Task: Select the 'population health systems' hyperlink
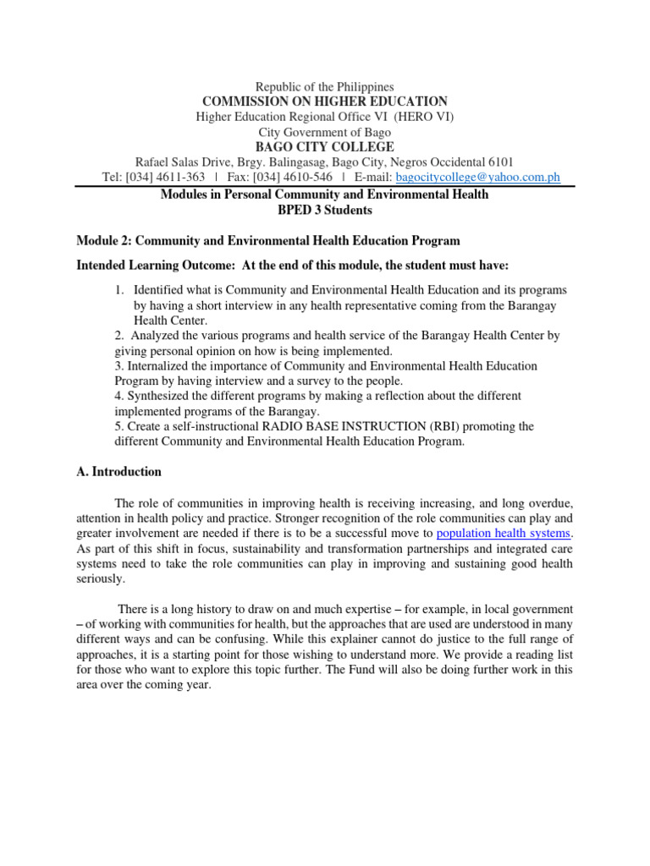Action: click(504, 533)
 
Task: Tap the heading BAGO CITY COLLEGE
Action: click(324, 147)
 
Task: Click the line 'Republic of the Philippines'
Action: click(324, 86)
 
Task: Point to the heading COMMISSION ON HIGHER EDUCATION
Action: click(324, 101)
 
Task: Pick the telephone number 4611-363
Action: click(179, 178)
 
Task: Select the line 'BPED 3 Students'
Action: click(324, 209)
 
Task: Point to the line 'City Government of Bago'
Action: click(324, 132)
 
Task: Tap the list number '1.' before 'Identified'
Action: click(120, 290)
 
